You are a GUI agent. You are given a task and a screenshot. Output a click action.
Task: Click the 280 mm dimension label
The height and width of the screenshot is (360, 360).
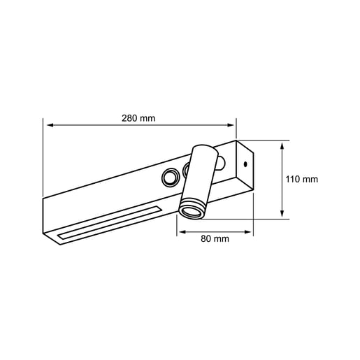(138, 118)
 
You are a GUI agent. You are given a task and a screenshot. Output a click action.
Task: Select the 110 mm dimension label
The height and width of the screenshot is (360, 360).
(302, 179)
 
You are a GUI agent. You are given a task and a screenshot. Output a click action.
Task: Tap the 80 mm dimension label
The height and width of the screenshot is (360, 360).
(215, 238)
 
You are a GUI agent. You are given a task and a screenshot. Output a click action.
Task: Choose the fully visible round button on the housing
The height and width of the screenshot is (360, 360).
(170, 179)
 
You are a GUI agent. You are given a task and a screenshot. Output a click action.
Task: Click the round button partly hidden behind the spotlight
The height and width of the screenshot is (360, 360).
(187, 169)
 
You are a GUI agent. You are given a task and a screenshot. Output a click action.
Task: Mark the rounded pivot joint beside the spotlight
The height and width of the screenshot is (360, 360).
(219, 164)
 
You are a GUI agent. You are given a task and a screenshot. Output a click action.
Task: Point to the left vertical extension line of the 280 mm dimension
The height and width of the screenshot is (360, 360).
(43, 161)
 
